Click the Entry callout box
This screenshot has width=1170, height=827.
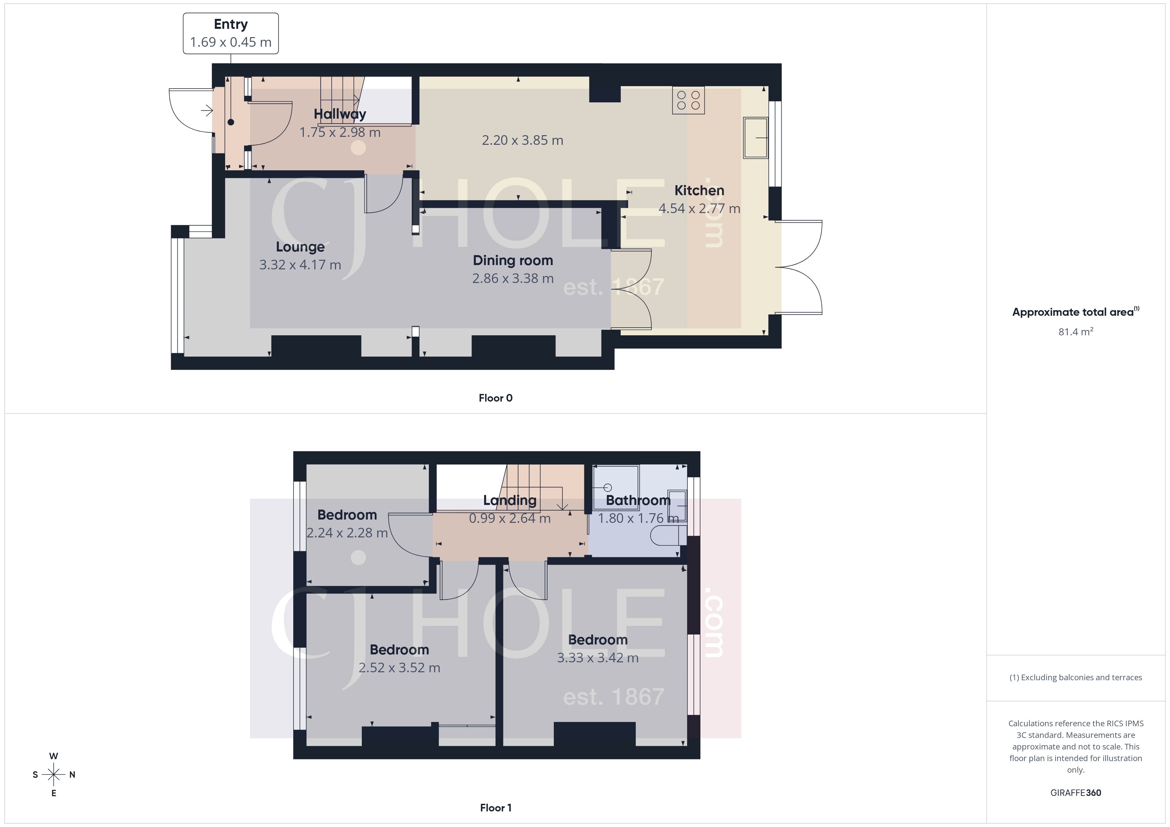[230, 33]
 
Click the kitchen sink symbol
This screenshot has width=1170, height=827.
[755, 138]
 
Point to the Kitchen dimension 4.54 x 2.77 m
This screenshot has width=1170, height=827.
[699, 208]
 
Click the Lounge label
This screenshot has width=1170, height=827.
[300, 247]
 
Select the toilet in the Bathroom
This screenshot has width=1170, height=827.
[668, 536]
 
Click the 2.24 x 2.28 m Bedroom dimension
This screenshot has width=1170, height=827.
[347, 533]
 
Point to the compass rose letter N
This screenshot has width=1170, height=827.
[72, 775]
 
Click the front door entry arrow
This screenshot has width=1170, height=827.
[206, 110]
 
